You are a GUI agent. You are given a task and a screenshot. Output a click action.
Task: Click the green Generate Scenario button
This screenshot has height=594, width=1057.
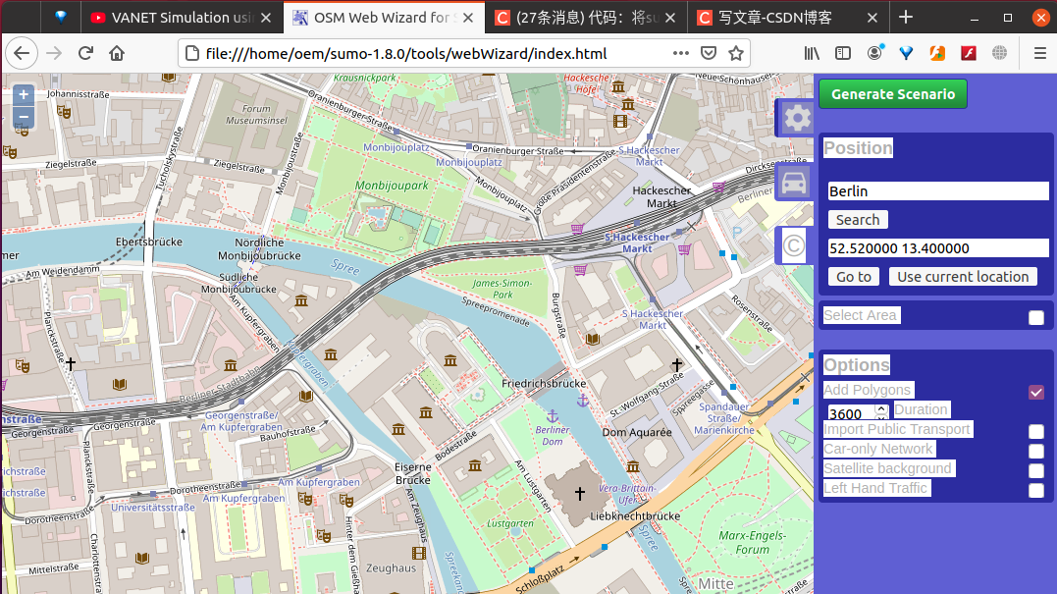(892, 94)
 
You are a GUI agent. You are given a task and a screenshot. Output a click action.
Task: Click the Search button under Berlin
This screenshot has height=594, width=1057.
(858, 220)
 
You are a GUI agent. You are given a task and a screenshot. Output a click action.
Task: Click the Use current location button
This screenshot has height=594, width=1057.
(962, 277)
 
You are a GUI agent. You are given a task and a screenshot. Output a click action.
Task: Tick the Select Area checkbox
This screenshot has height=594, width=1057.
(1035, 317)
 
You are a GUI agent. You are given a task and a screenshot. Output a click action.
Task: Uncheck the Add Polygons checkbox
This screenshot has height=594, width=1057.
(1035, 392)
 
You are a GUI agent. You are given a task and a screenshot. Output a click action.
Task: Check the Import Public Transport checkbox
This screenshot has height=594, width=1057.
(1035, 431)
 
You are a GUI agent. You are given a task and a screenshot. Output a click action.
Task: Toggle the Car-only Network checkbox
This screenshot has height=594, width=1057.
(1035, 451)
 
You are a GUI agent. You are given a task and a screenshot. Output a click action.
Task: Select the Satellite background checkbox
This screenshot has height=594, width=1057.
(1035, 470)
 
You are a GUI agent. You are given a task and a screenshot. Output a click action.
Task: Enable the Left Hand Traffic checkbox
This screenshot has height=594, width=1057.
(1035, 490)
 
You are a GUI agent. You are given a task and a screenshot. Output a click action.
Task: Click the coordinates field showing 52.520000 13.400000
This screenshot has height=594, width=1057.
(936, 248)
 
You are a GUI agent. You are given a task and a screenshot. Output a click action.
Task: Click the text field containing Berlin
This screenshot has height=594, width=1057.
(936, 191)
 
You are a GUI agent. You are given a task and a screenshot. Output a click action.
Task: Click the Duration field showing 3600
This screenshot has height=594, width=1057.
(850, 414)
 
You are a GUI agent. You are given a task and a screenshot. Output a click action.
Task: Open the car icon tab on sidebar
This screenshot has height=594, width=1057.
(794, 183)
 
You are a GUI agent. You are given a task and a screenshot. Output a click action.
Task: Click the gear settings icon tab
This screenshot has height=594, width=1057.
(796, 119)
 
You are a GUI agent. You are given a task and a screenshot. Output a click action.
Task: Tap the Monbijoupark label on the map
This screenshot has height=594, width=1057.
(392, 185)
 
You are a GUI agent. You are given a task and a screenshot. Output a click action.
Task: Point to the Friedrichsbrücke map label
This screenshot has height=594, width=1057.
(543, 383)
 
